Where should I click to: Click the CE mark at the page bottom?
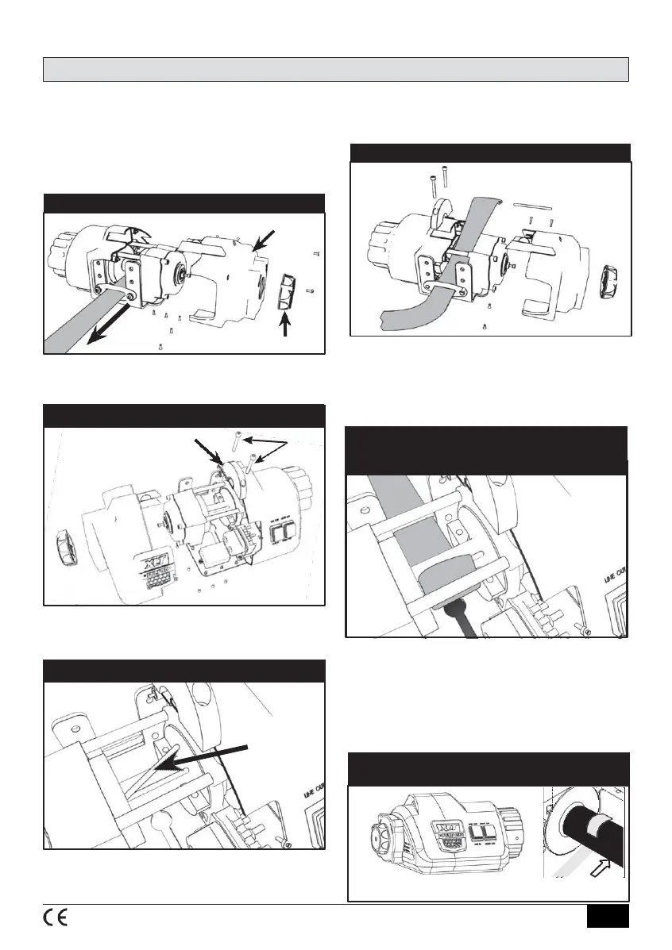click(x=55, y=916)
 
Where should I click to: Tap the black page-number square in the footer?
click(x=608, y=916)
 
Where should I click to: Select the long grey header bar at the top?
click(x=335, y=69)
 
